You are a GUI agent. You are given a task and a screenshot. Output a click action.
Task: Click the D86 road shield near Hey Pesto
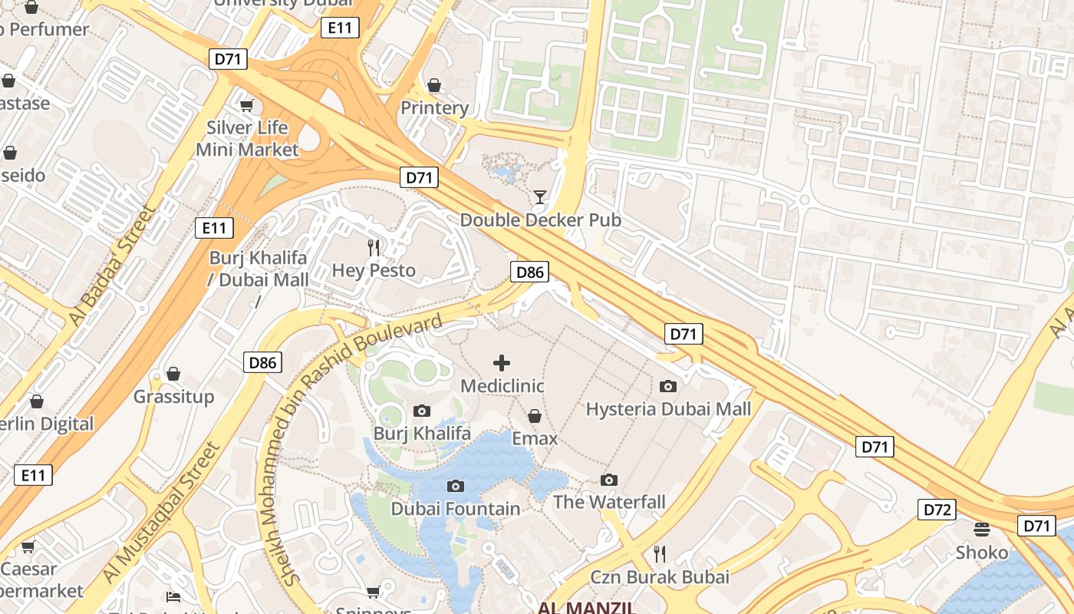click(x=529, y=272)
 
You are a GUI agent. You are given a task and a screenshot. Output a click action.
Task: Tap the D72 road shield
click(x=937, y=510)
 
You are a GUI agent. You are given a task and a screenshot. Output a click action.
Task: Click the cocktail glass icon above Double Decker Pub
click(x=540, y=197)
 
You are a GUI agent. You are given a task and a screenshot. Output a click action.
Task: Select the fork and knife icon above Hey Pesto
click(x=374, y=247)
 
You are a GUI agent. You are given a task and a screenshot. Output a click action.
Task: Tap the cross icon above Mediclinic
click(x=502, y=363)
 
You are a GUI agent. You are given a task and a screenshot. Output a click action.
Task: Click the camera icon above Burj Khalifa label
click(x=422, y=411)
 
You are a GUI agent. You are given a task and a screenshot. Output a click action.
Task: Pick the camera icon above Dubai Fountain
click(x=456, y=486)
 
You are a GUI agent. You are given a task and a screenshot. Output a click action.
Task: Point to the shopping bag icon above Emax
click(x=535, y=416)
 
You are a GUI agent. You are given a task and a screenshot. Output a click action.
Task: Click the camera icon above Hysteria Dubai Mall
click(x=668, y=386)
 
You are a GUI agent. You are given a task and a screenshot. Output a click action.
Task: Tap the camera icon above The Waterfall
click(x=609, y=480)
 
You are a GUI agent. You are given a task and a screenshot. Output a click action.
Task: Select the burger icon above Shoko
click(x=981, y=529)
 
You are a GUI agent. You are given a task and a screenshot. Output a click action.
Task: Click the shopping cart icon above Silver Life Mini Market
click(x=246, y=105)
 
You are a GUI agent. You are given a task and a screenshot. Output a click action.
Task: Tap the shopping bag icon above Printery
click(x=434, y=85)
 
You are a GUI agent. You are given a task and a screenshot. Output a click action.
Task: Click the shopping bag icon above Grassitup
click(x=173, y=374)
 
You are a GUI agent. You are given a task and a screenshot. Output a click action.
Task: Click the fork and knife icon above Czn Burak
click(x=659, y=553)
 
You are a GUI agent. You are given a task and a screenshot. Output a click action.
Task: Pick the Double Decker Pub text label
click(x=540, y=220)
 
